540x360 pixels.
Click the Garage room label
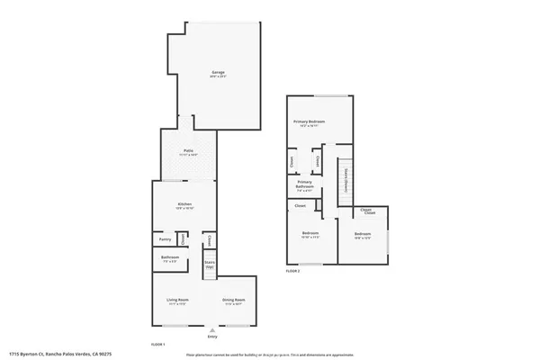[218, 72]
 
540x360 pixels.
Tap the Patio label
[188, 151]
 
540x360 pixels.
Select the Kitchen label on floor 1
[184, 205]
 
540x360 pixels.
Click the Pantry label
[165, 239]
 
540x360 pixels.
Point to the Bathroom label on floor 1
[171, 258]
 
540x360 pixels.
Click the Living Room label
[176, 300]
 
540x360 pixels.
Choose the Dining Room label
[234, 300]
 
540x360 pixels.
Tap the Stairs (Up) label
[209, 265]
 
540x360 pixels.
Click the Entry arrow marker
[212, 328]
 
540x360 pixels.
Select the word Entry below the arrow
[212, 337]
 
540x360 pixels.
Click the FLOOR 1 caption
[157, 345]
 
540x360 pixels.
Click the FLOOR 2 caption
[292, 271]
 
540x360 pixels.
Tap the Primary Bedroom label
[309, 121]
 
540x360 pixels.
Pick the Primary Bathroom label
[305, 185]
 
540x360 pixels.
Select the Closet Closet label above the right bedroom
[367, 212]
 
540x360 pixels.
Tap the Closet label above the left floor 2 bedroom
[300, 206]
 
